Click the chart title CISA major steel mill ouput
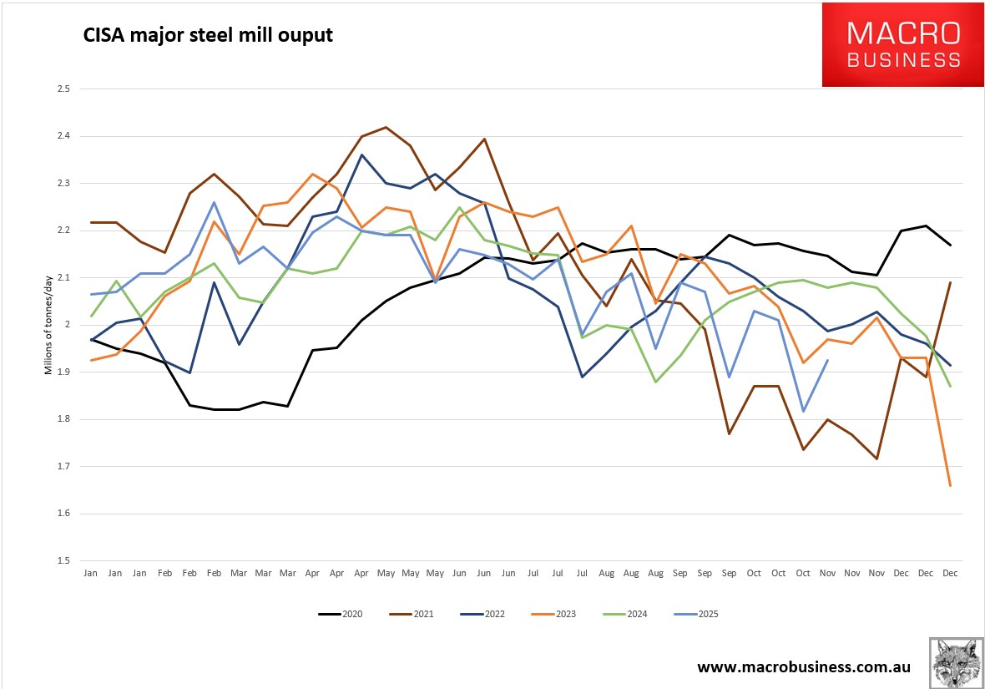click(207, 36)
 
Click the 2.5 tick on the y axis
click(63, 89)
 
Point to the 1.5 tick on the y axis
click(63, 560)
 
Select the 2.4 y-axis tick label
click(63, 136)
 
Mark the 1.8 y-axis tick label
click(63, 419)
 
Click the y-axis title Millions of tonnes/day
click(48, 325)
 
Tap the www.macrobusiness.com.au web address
click(804, 666)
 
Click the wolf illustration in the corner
click(956, 662)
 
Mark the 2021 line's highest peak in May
click(386, 128)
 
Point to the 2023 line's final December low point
click(950, 485)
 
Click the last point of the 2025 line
click(827, 360)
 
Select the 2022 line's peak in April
click(361, 155)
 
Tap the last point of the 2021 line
click(950, 283)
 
